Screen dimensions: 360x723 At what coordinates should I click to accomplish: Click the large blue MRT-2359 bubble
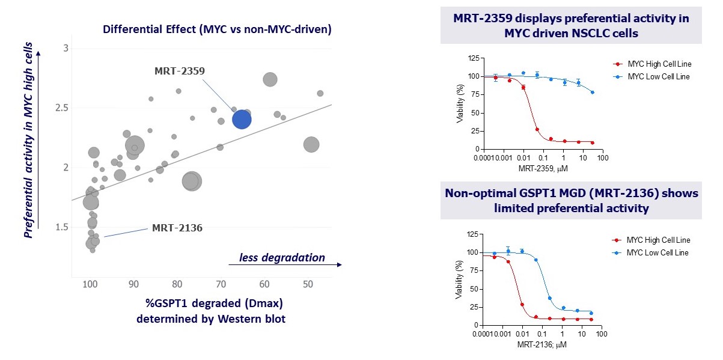(x=241, y=120)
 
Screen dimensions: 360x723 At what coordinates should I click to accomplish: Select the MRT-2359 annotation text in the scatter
(x=180, y=70)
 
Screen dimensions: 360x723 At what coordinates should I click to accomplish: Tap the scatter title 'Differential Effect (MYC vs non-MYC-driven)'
(x=217, y=29)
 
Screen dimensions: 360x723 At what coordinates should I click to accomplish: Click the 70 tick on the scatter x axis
(x=221, y=284)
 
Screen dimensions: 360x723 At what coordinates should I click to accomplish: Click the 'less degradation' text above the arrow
(x=282, y=258)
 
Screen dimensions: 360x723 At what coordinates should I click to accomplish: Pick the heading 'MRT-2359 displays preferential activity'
(x=571, y=19)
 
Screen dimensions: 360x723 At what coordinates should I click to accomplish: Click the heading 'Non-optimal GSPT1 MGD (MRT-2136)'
(x=571, y=193)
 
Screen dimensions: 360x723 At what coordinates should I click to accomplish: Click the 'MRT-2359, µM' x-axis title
(x=543, y=169)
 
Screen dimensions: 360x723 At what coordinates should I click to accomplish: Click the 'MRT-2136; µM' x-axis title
(x=543, y=345)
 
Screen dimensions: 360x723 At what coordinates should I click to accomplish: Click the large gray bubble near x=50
(x=311, y=144)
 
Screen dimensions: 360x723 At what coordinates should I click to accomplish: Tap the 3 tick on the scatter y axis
(x=66, y=49)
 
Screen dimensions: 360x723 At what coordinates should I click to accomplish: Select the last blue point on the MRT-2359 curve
(x=593, y=92)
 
